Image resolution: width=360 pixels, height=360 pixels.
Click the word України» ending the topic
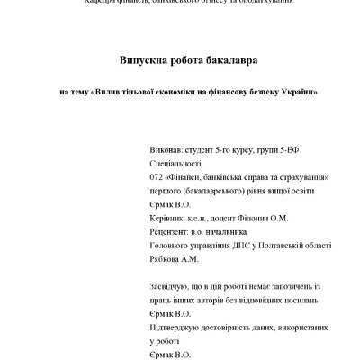pos(301,92)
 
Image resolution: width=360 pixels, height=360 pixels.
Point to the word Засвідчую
pos(171,285)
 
